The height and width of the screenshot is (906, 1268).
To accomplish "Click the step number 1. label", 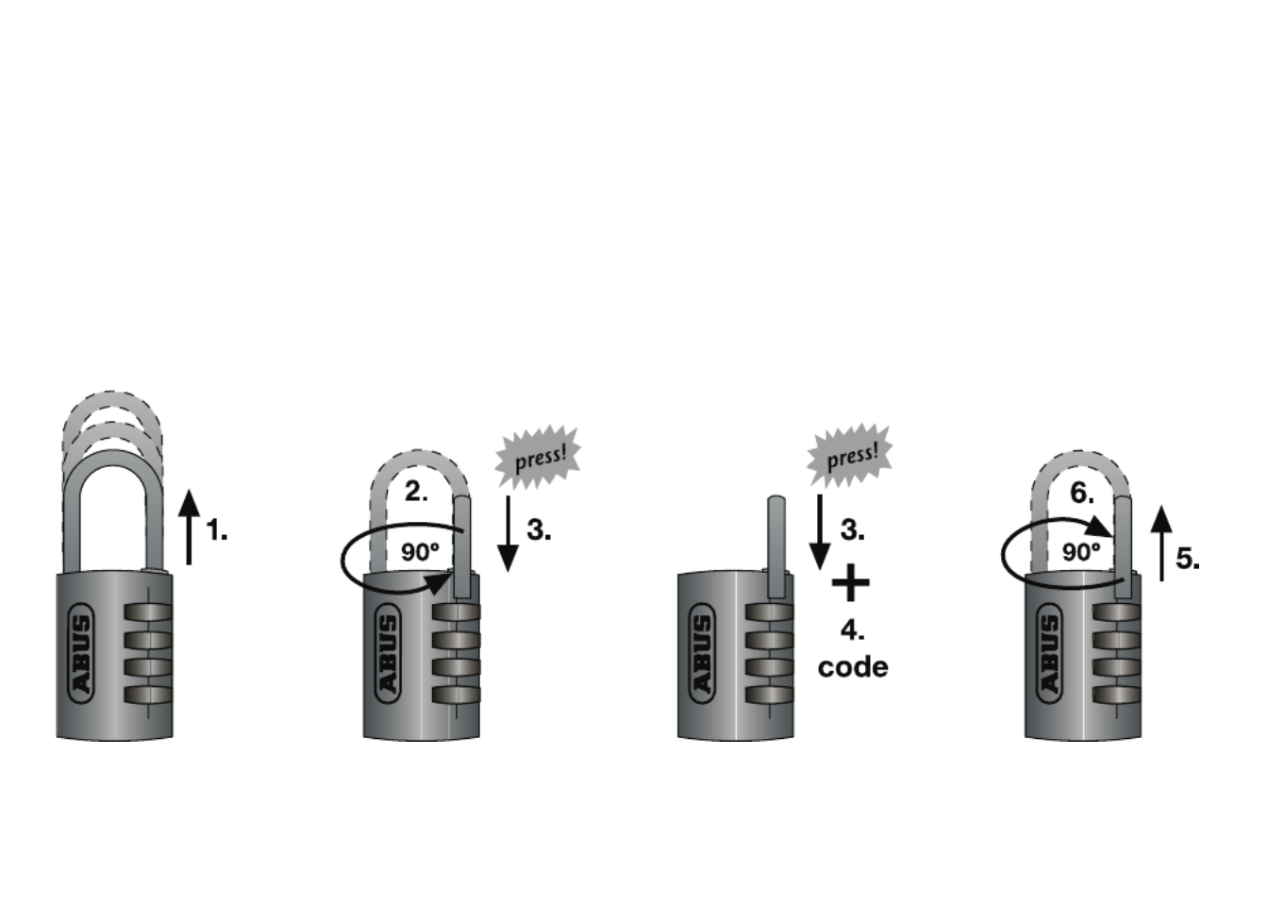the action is (217, 530).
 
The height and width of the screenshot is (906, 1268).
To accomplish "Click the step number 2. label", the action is (416, 492).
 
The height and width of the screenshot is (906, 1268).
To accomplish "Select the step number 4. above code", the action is (852, 629).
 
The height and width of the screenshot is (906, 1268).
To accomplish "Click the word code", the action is (853, 667).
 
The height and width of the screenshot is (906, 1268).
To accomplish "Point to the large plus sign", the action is (851, 582).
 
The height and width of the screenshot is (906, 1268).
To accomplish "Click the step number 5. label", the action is (1188, 559).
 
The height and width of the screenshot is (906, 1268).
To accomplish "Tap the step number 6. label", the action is (1082, 494).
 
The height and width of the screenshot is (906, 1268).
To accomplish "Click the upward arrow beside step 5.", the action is (1161, 543).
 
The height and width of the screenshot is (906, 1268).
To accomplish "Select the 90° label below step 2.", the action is (420, 552).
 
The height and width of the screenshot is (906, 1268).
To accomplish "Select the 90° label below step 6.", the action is (1081, 552).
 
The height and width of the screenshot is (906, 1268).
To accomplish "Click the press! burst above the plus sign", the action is (850, 456).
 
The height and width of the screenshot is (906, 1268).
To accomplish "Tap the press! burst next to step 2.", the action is (539, 459).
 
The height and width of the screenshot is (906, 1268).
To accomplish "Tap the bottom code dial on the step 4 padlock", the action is (769, 696).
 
